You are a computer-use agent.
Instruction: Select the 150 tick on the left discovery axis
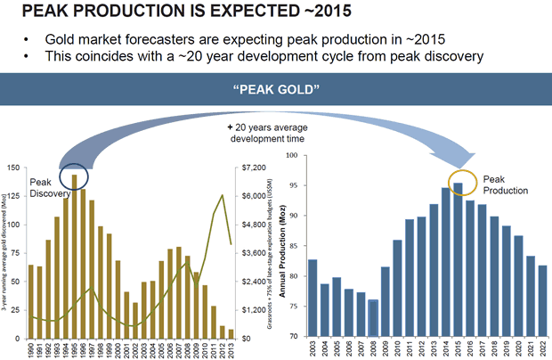tap(15, 168)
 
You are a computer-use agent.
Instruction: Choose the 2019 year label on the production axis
tap(506, 349)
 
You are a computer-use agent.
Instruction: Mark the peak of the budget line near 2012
tap(222, 194)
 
